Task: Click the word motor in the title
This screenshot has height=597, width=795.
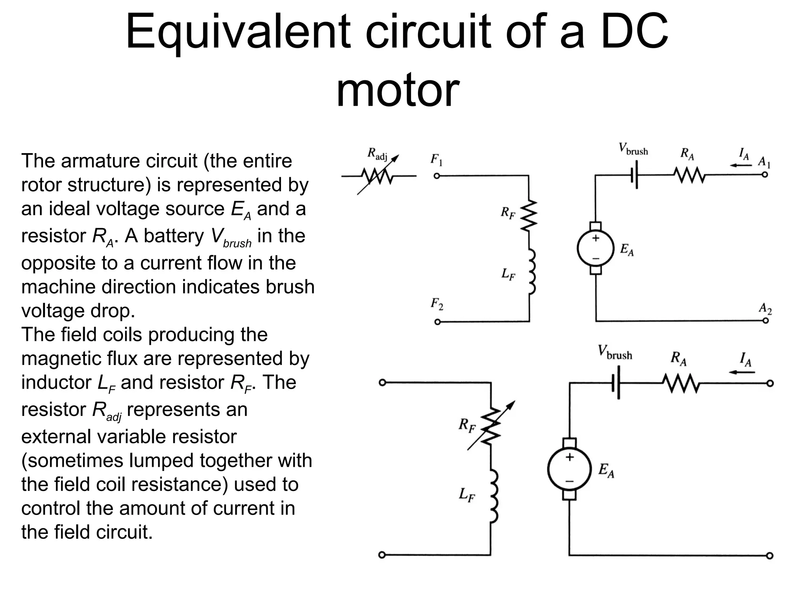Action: [x=397, y=91]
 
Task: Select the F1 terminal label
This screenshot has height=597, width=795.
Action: [x=437, y=159]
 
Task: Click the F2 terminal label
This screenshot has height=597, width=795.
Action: [x=437, y=304]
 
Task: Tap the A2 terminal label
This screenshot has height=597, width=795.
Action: [x=765, y=309]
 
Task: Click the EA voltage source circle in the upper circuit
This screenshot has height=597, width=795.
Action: [x=595, y=248]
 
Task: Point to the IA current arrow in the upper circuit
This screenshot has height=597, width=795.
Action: [x=741, y=165]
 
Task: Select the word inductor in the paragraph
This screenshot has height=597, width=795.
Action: [x=56, y=382]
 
